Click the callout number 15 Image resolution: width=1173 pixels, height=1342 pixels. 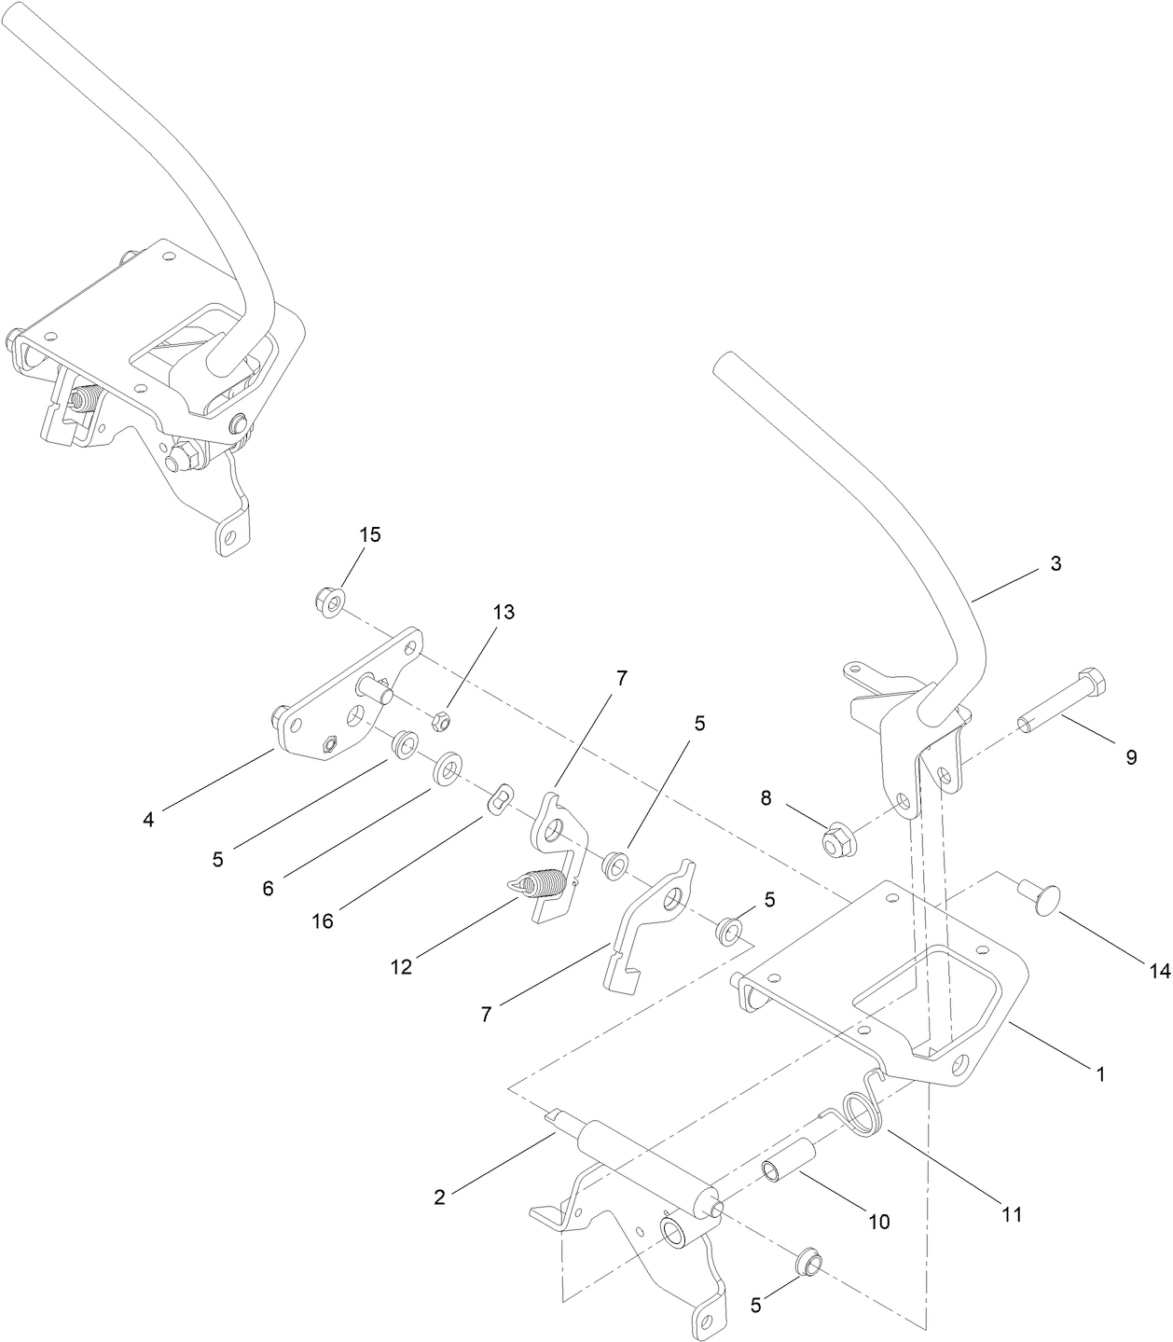coord(370,535)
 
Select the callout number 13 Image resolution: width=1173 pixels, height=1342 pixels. coord(504,613)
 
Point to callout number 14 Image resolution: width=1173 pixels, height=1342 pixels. coord(1158,971)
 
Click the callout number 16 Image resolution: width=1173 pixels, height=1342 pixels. coord(323,921)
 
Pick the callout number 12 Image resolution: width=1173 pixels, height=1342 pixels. coord(401,967)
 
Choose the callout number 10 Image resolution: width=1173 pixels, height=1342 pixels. coord(878,1221)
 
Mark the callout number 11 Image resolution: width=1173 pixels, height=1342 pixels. coord(1013,1214)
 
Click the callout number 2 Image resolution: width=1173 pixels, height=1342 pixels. coord(439,1197)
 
